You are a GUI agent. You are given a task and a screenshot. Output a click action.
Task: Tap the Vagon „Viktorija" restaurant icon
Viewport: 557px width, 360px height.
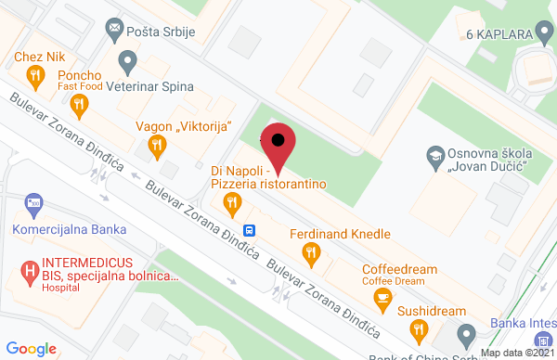[158, 145]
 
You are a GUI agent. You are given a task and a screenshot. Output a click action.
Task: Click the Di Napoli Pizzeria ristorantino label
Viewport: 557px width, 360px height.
[269, 177]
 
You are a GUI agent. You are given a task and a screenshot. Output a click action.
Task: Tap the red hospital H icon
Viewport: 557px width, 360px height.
[30, 272]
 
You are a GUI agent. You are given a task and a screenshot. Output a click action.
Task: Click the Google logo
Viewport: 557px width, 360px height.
[32, 349]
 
